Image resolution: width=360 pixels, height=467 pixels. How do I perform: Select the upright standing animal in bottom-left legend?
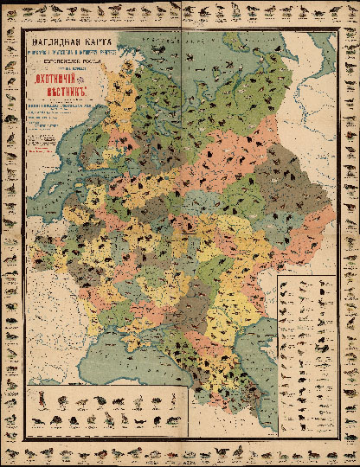point(176,400)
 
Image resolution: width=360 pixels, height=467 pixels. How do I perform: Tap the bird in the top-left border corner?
point(11,11)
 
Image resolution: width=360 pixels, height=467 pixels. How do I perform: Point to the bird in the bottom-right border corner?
point(349,456)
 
